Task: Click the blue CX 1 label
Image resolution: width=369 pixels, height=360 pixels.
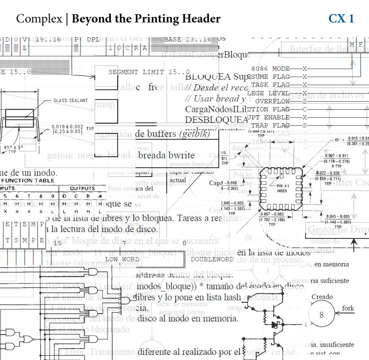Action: tap(341, 19)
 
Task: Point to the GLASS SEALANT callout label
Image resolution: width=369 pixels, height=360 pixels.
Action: tap(71, 100)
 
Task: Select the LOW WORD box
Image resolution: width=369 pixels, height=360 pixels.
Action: tap(122, 259)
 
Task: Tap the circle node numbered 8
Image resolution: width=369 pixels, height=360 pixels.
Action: tap(322, 315)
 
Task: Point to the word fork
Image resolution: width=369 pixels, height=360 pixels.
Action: tap(348, 308)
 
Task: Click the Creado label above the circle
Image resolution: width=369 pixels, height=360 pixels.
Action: tap(322, 297)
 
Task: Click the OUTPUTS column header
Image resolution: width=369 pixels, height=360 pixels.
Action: tap(83, 188)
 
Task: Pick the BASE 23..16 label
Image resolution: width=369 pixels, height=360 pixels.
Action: tap(187, 39)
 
